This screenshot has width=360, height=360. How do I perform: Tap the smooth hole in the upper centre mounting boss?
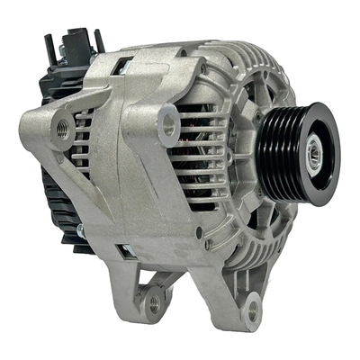169,123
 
